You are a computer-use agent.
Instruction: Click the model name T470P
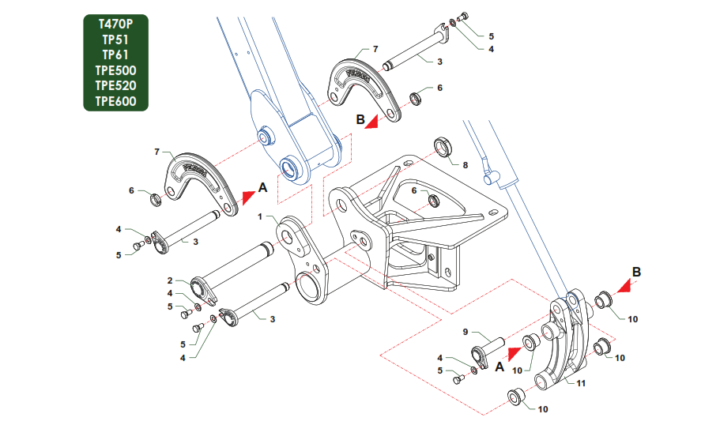click(115, 24)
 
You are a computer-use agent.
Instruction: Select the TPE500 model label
click(115, 70)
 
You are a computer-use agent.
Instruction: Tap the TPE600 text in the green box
click(115, 101)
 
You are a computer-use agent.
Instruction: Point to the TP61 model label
click(115, 55)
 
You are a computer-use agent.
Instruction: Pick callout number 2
click(169, 280)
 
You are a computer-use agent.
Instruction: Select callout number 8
click(466, 165)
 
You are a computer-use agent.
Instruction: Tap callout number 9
click(466, 332)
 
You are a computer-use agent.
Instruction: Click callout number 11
click(580, 383)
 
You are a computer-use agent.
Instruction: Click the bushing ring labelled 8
click(445, 148)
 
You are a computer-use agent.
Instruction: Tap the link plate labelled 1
click(304, 261)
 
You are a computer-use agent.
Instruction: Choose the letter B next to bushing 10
click(636, 271)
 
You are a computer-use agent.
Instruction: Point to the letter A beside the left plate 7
click(263, 188)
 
